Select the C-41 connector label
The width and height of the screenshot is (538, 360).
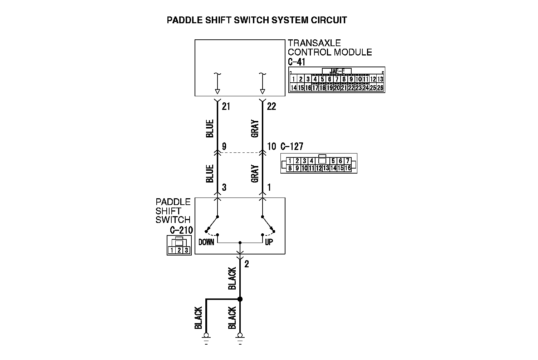click(296, 62)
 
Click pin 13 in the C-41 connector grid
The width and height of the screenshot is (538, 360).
click(380, 79)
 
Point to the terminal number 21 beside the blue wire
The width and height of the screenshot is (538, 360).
click(226, 107)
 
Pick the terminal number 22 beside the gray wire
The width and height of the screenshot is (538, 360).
click(272, 107)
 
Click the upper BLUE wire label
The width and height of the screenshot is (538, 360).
click(210, 128)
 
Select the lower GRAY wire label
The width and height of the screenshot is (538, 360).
click(255, 173)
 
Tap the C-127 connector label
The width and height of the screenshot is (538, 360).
click(292, 146)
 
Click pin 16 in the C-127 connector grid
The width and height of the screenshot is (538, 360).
click(348, 168)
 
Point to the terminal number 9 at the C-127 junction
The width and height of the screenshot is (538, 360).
click(224, 146)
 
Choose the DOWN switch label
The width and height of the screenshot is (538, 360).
click(206, 242)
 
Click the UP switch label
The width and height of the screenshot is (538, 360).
click(269, 242)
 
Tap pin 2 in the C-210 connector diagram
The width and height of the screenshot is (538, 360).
click(179, 250)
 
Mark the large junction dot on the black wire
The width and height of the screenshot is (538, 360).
click(240, 299)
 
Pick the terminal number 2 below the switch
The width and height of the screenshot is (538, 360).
click(246, 264)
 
